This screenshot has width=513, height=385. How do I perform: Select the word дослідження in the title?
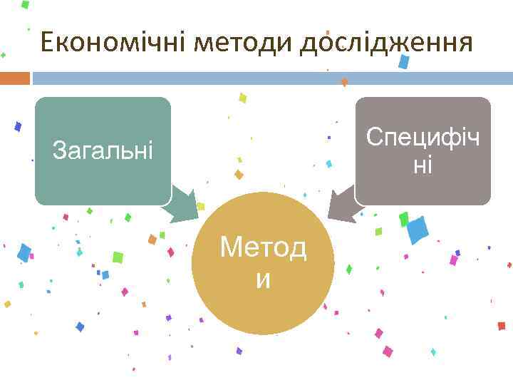[385, 43]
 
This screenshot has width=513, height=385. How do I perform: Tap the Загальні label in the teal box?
[103, 150]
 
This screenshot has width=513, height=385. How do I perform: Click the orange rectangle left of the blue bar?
[14, 78]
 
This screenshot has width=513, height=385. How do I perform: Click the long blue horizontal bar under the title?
[271, 78]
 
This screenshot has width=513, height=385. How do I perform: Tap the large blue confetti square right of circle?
[417, 230]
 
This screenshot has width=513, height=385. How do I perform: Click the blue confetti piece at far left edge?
[24, 252]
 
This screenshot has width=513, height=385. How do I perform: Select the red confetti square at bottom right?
[501, 326]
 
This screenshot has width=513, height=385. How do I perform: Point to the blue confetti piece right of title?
[404, 61]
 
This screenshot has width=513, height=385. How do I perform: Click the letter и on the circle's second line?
[263, 280]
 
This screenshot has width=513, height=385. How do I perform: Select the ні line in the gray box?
[423, 165]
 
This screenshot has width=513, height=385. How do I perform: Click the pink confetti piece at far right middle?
[453, 260]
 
